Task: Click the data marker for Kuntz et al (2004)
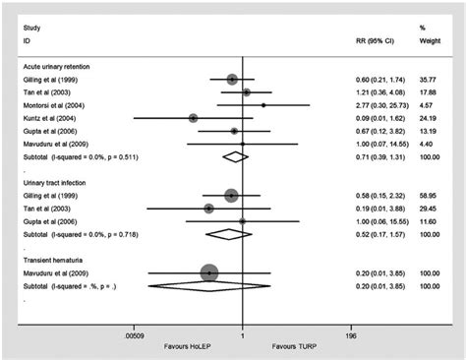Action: pyautogui.click(x=194, y=117)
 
